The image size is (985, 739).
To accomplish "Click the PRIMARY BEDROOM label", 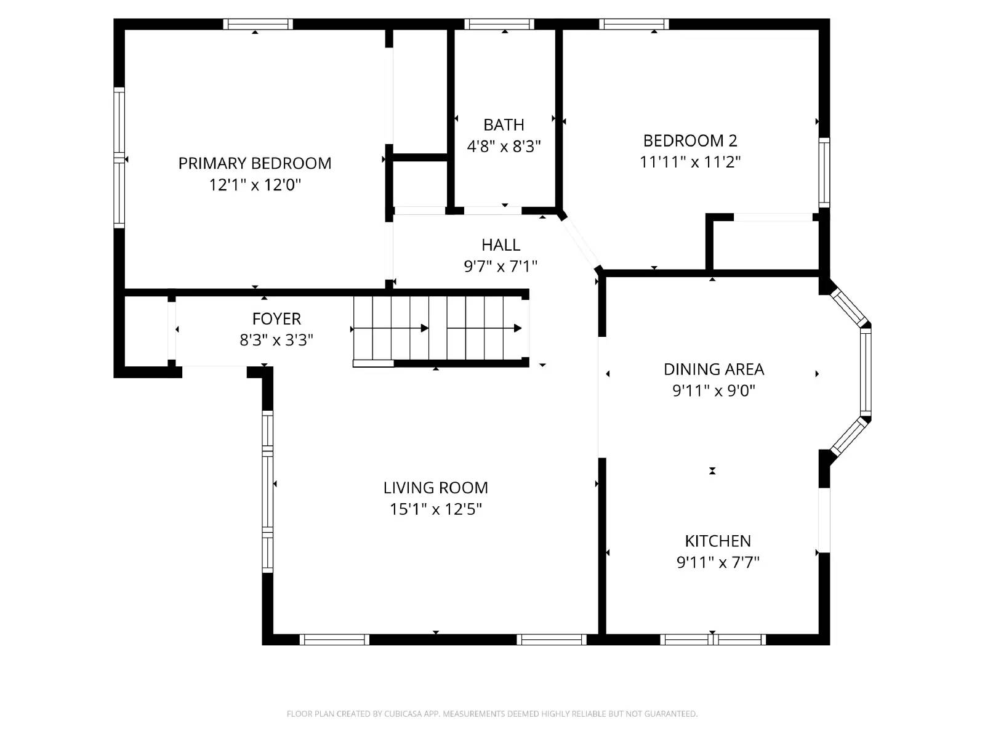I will [x=255, y=163].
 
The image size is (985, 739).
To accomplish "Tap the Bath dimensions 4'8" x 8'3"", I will [x=504, y=147].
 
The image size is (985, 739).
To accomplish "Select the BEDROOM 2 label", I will [x=689, y=140].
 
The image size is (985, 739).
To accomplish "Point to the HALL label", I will [x=501, y=244].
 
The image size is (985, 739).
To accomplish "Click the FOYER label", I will [x=276, y=318].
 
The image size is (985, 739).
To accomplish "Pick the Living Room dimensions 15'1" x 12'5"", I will [x=435, y=509].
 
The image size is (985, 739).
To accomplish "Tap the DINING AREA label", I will [x=714, y=369].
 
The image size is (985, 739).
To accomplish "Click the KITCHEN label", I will [x=718, y=541].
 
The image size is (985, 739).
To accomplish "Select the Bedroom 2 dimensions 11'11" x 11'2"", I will [x=689, y=162].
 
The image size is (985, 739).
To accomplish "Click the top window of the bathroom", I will [x=499, y=24].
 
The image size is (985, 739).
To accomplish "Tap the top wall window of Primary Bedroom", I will [x=257, y=24].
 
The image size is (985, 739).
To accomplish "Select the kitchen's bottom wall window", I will [x=713, y=639].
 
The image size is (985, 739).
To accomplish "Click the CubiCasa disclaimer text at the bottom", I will [x=492, y=714].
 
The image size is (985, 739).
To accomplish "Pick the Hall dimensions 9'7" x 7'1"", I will [x=501, y=266].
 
